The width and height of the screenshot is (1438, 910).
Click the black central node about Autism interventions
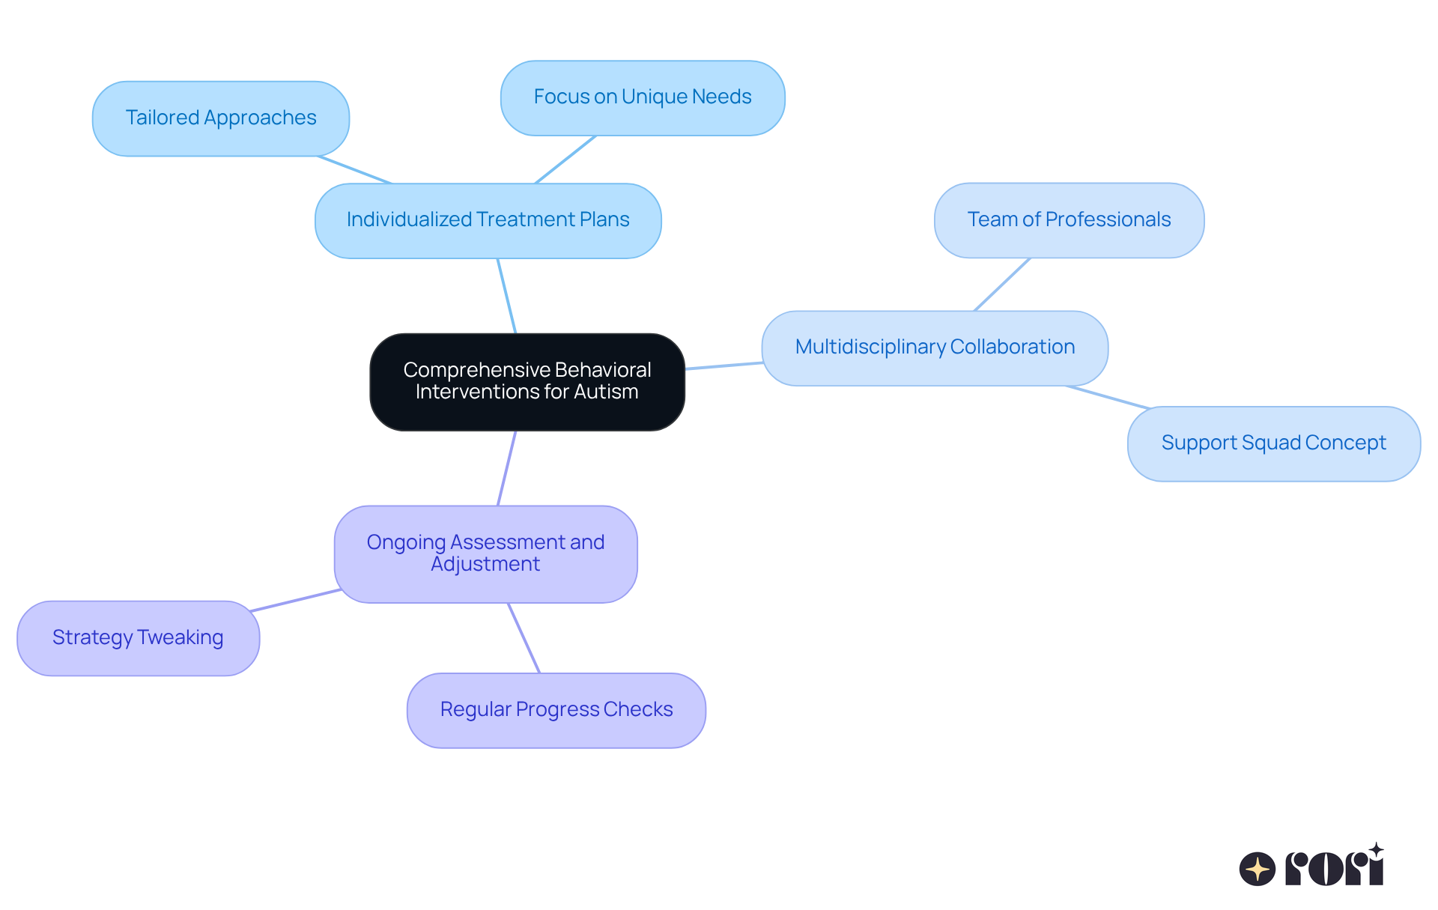pyautogui.click(x=527, y=381)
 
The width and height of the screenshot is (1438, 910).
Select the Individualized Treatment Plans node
pyautogui.click(x=488, y=220)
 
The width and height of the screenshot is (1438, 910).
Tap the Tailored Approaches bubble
pyautogui.click(x=220, y=118)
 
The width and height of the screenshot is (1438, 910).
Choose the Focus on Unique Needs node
pyautogui.click(x=642, y=97)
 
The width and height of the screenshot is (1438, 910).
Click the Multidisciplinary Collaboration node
pyautogui.click(x=934, y=348)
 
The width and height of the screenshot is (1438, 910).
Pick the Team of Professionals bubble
pyautogui.click(x=1069, y=220)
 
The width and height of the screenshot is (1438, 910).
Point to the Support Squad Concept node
pyautogui.click(x=1273, y=443)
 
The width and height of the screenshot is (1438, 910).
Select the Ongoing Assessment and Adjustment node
pyautogui.click(x=485, y=553)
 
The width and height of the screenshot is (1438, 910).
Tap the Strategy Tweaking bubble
pyautogui.click(x=138, y=638)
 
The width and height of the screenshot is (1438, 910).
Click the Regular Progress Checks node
pyautogui.click(x=556, y=710)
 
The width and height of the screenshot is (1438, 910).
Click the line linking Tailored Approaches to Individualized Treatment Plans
pyautogui.click(x=354, y=170)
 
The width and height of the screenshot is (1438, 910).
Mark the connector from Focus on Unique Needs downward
pyautogui.click(x=565, y=160)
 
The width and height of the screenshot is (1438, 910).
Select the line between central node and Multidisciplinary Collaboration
pyautogui.click(x=723, y=365)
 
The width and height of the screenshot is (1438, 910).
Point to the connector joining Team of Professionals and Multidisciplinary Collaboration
pyautogui.click(x=1002, y=285)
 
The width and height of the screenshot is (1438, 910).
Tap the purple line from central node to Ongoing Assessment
pyautogui.click(x=507, y=468)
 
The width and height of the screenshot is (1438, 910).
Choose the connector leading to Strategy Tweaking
pyautogui.click(x=296, y=601)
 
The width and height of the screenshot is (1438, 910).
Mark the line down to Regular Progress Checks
pyautogui.click(x=524, y=638)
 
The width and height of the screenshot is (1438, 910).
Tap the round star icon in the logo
pyautogui.click(x=1258, y=869)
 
